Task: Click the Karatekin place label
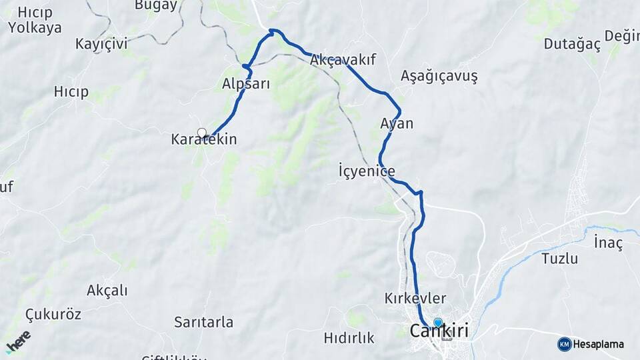pyautogui.click(x=204, y=140)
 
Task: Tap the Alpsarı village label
pyautogui.click(x=245, y=84)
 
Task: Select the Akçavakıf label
pyautogui.click(x=343, y=60)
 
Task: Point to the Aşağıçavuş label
pyautogui.click(x=439, y=76)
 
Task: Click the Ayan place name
pyautogui.click(x=397, y=123)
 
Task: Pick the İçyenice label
pyautogui.click(x=367, y=172)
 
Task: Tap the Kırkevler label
pyautogui.click(x=415, y=299)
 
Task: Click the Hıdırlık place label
pyautogui.click(x=349, y=338)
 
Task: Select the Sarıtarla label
pyautogui.click(x=204, y=323)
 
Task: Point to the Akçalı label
pyautogui.click(x=107, y=291)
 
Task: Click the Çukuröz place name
pyautogui.click(x=53, y=314)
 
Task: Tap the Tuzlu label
pyautogui.click(x=559, y=259)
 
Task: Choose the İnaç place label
pyautogui.click(x=608, y=243)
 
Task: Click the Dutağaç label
pyautogui.click(x=572, y=45)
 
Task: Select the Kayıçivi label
pyautogui.click(x=101, y=44)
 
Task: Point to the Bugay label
pyautogui.click(x=156, y=5)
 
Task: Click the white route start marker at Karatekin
pyautogui.click(x=202, y=133)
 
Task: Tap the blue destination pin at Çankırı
pyautogui.click(x=438, y=323)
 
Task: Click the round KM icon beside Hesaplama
pyautogui.click(x=565, y=344)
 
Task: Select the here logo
pyautogui.click(x=18, y=342)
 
